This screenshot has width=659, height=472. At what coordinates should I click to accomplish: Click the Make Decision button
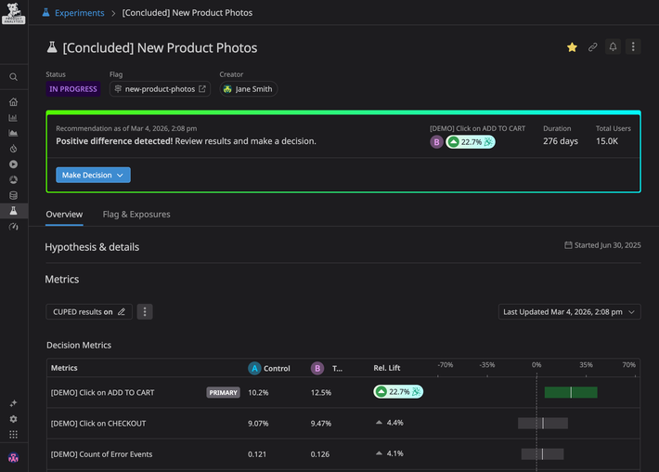coord(93,175)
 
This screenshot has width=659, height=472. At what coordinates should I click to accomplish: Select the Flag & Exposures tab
coord(136,215)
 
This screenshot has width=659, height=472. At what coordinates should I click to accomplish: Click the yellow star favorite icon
coord(572,47)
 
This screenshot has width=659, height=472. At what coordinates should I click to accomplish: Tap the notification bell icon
coord(613,47)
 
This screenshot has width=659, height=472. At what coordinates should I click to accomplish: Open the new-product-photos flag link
coord(160,89)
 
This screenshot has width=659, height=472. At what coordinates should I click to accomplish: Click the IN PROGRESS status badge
coord(73,89)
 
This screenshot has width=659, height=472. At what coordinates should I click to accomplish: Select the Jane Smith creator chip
coord(248,89)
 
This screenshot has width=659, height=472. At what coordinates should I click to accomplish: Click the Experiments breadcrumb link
coord(79,13)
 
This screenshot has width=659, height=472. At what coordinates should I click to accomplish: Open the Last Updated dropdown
coord(569,312)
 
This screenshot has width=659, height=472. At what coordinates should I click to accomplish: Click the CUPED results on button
coord(89,312)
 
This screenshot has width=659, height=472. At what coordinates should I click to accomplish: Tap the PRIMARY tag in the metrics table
coord(223,393)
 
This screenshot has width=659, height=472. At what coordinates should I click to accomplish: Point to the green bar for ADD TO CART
coord(570,393)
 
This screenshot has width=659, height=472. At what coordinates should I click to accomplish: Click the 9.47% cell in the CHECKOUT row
coord(322,424)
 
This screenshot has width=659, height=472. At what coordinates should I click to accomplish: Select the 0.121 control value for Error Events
coord(258,454)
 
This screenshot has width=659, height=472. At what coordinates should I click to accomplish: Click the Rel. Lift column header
coord(387,368)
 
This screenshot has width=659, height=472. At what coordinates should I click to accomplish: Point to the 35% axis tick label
coord(586,365)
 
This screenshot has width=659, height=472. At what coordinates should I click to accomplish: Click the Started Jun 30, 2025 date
coord(602,245)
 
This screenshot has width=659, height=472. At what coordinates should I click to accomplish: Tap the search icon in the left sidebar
coord(13,77)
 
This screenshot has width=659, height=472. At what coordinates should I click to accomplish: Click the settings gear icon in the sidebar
coord(13,419)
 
